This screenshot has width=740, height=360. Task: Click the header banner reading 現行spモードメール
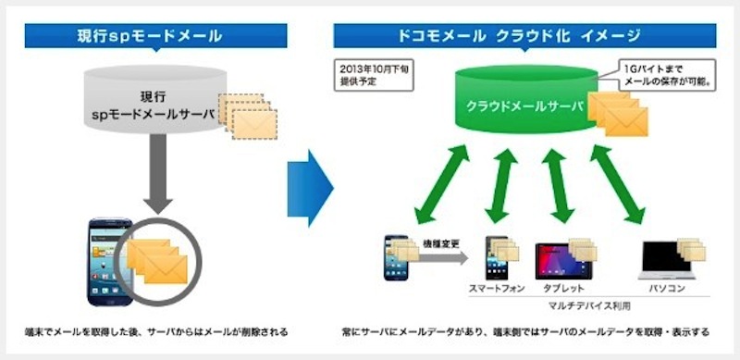(x=149, y=37)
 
